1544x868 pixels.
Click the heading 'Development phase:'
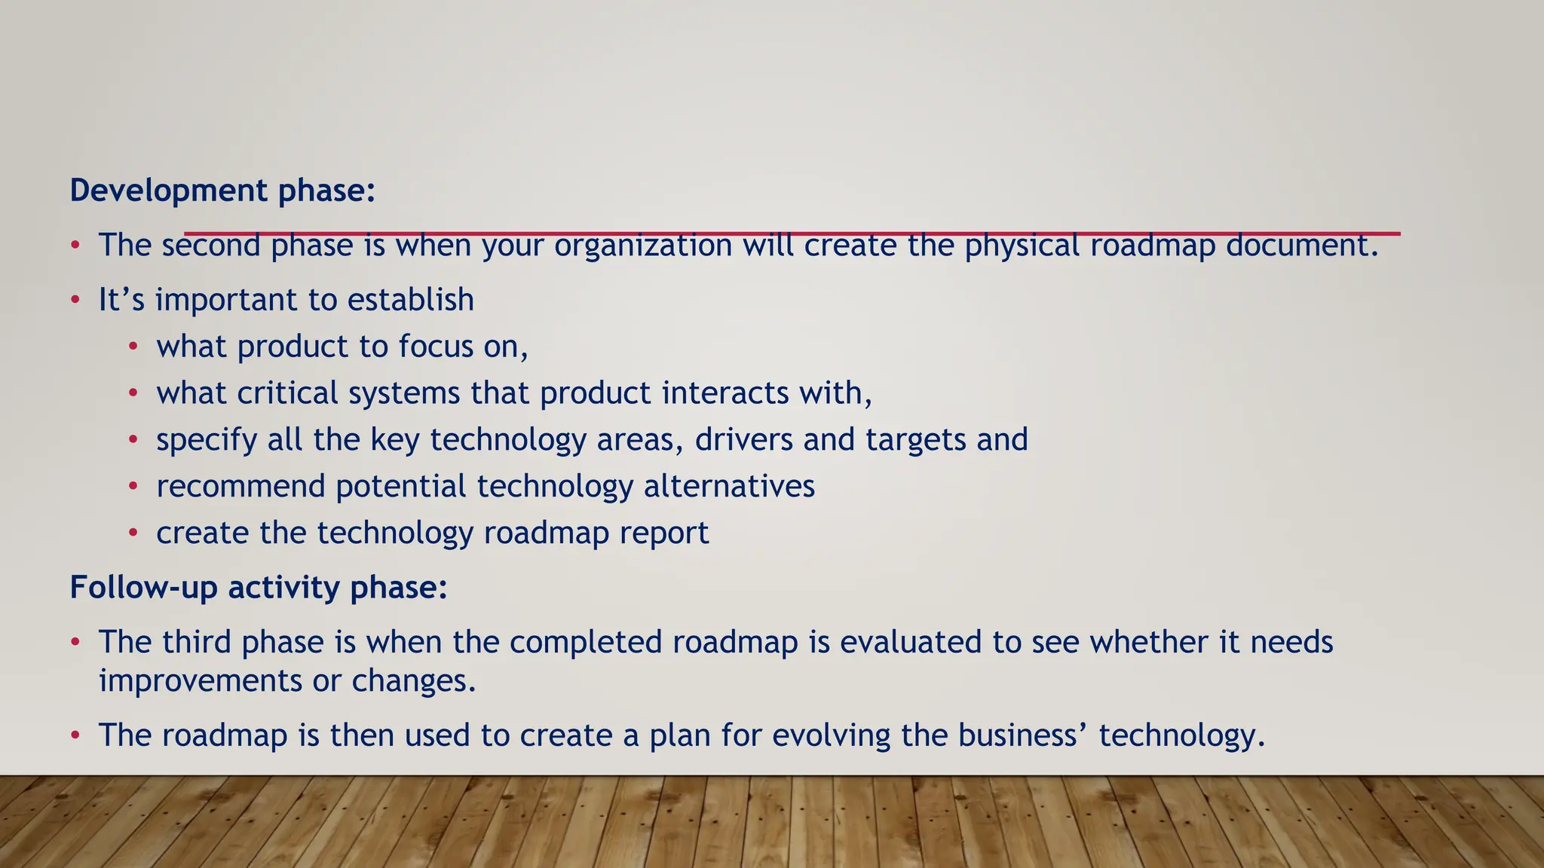click(x=222, y=191)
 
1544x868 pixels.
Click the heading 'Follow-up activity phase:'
click(x=259, y=588)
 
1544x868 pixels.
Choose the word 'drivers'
click(x=743, y=440)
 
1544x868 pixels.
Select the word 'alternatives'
click(x=729, y=487)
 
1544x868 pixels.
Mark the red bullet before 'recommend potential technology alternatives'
click(x=133, y=487)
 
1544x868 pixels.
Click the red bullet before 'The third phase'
click(x=75, y=643)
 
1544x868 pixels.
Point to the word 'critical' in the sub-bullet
click(x=287, y=393)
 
